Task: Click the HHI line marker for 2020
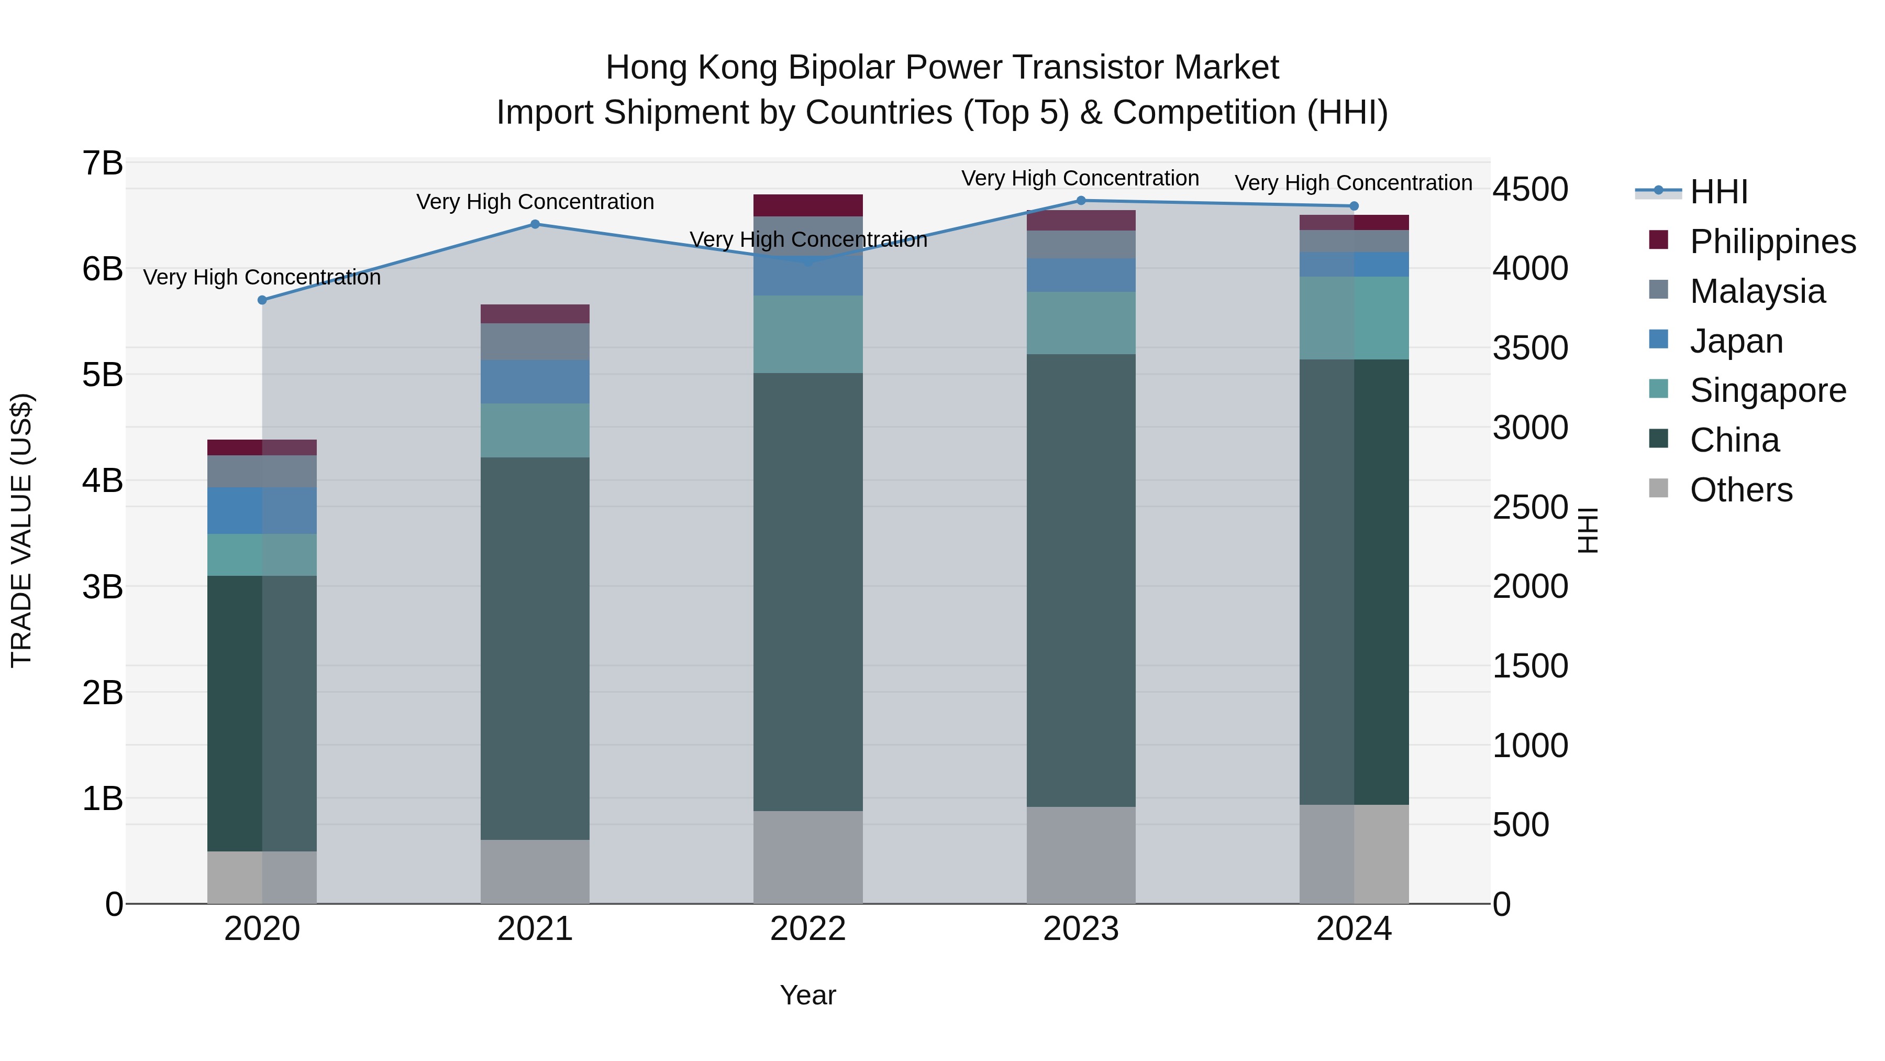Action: [262, 300]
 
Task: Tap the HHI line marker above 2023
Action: [1081, 201]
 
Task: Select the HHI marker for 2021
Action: [535, 224]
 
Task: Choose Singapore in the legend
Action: [1767, 390]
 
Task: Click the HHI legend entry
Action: [1718, 192]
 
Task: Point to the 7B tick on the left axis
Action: [103, 163]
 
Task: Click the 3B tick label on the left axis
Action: [103, 586]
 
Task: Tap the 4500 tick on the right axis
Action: [1530, 190]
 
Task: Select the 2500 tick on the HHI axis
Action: [1530, 507]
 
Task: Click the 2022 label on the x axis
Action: [808, 929]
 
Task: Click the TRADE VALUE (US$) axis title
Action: [21, 530]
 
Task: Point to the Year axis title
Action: [808, 995]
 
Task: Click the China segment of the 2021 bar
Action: [535, 648]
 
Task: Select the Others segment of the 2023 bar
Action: [1081, 855]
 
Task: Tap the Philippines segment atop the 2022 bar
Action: [808, 205]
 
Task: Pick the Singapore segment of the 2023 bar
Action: [1081, 323]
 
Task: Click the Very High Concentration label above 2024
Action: [1353, 183]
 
